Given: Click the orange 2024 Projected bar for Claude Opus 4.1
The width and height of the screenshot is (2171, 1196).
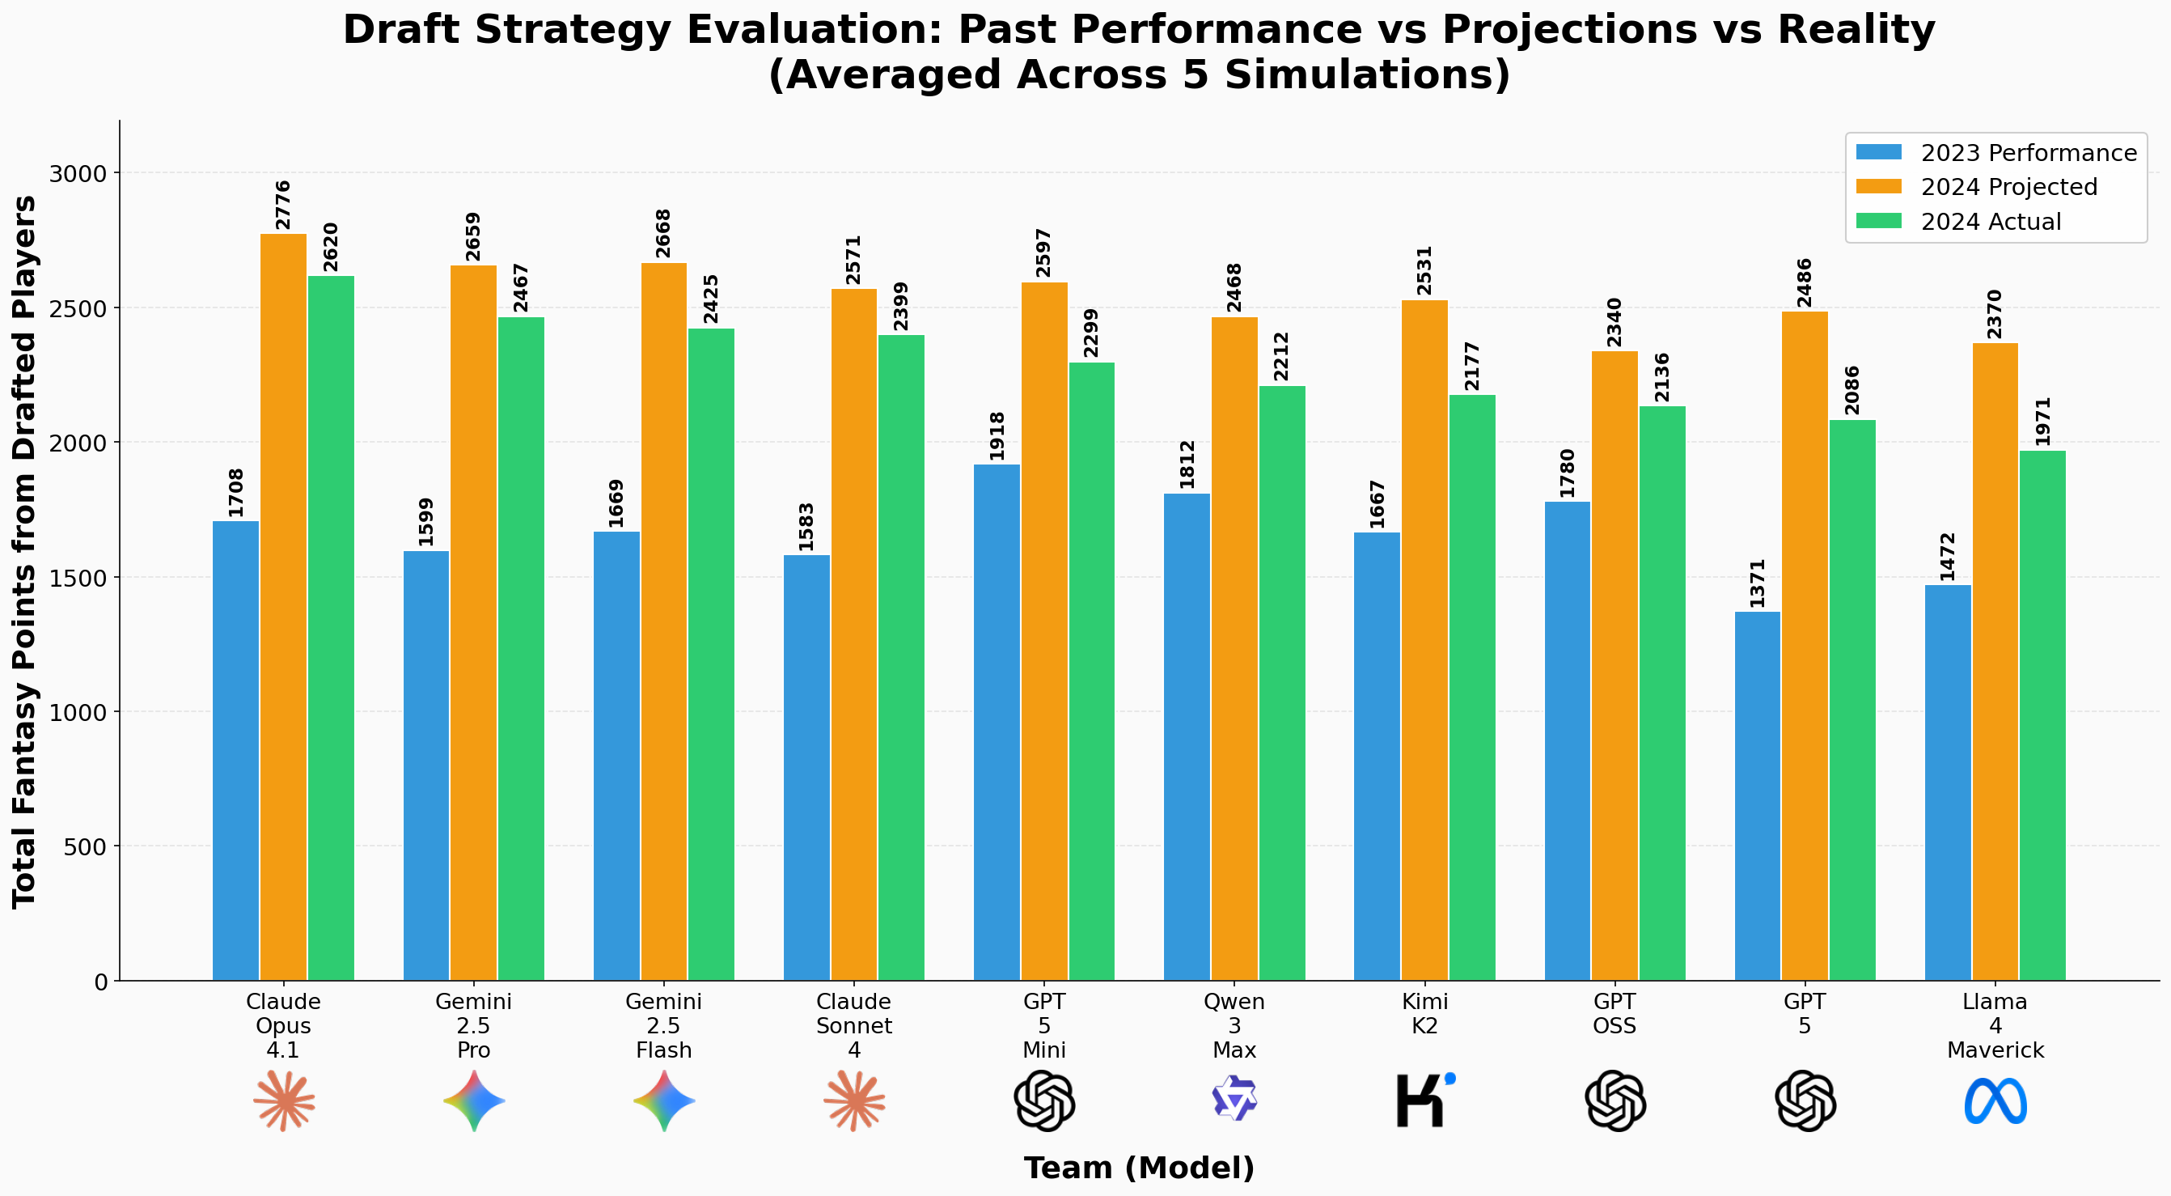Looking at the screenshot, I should [283, 607].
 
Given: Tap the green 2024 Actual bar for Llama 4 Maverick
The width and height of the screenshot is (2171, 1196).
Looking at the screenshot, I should [2042, 715].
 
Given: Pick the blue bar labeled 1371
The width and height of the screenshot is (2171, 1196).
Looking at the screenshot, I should [1757, 795].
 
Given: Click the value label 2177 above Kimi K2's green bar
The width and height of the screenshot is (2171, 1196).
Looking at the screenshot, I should [1471, 367].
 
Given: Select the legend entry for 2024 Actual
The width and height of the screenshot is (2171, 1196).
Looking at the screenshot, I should [1990, 222].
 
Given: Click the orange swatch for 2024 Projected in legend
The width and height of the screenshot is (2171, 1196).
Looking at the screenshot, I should [1878, 186].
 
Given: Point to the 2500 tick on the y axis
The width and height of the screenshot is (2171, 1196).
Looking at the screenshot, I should [85, 308].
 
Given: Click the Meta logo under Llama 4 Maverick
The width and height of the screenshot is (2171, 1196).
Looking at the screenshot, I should [1995, 1101].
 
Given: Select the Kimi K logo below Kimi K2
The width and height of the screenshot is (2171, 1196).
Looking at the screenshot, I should [1424, 1100].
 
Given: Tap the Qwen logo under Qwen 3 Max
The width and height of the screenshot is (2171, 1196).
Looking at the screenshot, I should [1234, 1098].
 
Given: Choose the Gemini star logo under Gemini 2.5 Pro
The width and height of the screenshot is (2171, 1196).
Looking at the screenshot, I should [474, 1101].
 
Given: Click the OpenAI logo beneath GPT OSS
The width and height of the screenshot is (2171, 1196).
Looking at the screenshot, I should [1614, 1101].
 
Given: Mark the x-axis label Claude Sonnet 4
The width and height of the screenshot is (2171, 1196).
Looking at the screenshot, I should [853, 1026].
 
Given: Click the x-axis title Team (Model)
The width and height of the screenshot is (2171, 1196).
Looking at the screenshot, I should [1139, 1168].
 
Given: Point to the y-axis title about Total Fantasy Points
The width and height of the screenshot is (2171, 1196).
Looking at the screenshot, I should [25, 551].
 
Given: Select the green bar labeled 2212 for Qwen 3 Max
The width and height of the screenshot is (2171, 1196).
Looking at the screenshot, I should [1282, 683].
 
